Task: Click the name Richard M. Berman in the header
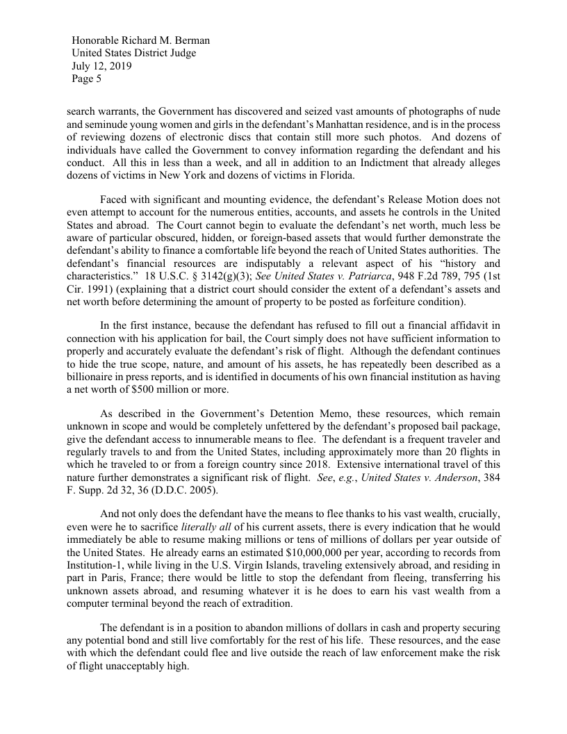click(166, 40)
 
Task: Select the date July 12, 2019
click(102, 67)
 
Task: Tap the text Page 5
click(87, 79)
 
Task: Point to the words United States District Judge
click(133, 54)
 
